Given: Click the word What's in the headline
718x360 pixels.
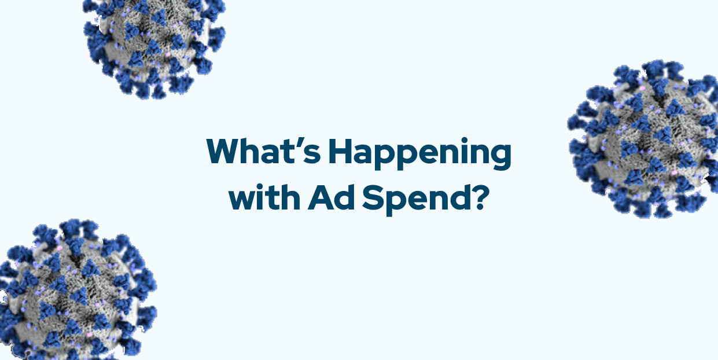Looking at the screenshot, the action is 263,150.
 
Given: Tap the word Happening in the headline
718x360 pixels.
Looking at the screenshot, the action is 420,153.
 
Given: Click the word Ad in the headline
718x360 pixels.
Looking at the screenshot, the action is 331,197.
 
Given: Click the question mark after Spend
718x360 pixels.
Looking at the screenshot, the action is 478,197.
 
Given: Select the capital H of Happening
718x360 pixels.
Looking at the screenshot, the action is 340,151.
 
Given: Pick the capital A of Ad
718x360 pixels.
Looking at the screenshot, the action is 321,197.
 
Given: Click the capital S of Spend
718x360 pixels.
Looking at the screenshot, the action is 372,197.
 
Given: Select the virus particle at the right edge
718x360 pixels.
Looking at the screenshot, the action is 643,139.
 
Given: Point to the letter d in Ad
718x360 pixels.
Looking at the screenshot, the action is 345,197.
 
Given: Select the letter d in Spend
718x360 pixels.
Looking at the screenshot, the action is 456,197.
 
